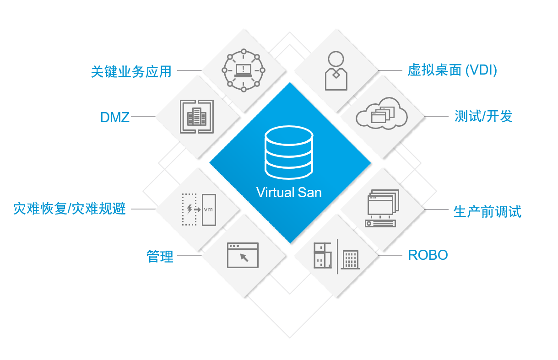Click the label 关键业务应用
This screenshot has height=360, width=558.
(x=131, y=71)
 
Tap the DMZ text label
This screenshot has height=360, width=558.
(x=115, y=117)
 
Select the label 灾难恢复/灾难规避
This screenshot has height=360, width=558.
(x=70, y=209)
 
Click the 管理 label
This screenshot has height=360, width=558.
(x=160, y=256)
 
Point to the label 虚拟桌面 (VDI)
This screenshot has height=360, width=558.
(x=452, y=70)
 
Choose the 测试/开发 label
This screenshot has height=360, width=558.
(x=483, y=116)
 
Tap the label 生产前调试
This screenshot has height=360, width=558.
(x=487, y=211)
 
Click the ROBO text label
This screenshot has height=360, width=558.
(x=428, y=255)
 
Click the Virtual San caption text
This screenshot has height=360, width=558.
(x=289, y=192)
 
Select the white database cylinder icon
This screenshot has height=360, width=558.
(x=289, y=153)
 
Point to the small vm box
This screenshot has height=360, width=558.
(x=209, y=210)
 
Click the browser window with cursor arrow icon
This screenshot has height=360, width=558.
(x=243, y=255)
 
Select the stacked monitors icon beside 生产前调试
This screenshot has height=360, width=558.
(x=381, y=209)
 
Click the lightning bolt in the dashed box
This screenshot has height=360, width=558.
(x=190, y=209)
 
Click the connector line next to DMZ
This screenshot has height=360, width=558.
(x=143, y=117)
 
